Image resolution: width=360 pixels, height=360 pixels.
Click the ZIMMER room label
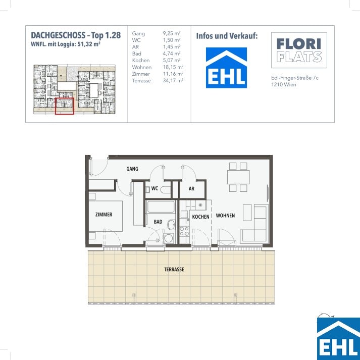click(104, 215)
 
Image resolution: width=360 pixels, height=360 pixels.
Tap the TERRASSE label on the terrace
click(174, 269)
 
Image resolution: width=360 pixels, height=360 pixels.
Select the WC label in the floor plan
click(155, 188)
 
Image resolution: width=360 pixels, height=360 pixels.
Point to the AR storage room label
click(191, 189)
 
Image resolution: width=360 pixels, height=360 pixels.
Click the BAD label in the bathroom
click(158, 222)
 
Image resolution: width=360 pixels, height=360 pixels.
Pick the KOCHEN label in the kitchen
click(200, 217)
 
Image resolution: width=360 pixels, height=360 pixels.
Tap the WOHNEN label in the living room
click(225, 216)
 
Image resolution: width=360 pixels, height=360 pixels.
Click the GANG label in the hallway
click(132, 169)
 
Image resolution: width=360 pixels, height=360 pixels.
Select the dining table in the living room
click(238, 177)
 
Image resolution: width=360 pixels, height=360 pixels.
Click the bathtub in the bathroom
click(161, 207)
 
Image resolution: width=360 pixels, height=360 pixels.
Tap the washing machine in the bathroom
click(169, 238)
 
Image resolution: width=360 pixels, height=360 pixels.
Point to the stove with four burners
click(184, 231)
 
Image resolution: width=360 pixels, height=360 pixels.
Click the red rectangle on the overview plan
click(65, 106)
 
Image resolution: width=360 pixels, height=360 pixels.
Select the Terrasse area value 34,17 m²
click(173, 81)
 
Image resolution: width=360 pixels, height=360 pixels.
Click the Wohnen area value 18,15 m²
click(173, 67)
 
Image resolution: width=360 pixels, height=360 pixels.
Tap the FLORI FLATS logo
click(299, 50)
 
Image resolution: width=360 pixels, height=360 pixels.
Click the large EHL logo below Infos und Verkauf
click(226, 68)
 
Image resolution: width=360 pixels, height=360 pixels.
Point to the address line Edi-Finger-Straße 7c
click(295, 78)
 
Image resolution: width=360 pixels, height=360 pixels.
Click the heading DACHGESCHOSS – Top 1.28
click(76, 35)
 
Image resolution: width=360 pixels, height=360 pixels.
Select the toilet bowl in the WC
click(166, 190)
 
